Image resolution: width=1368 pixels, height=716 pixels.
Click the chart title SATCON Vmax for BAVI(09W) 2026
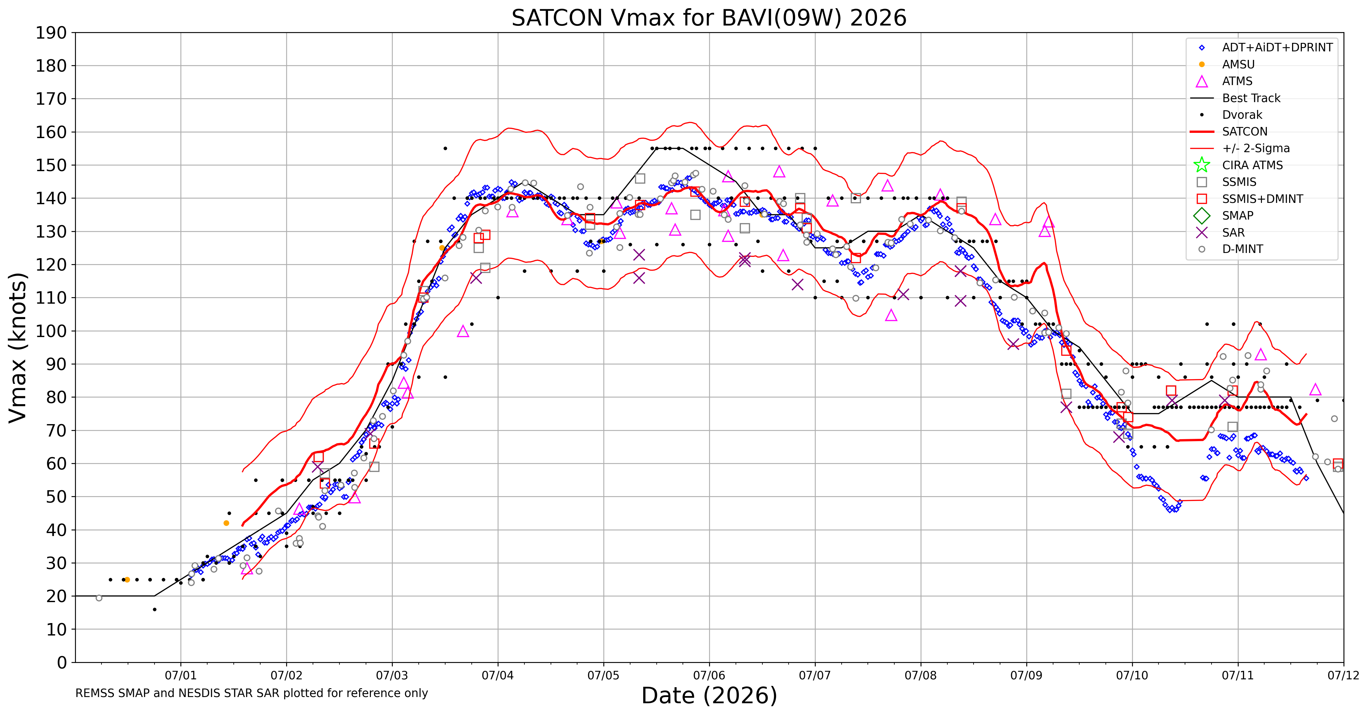[x=709, y=18]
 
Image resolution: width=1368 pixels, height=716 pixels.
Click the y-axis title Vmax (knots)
[x=18, y=348]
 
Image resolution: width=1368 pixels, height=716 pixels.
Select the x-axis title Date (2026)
[x=709, y=695]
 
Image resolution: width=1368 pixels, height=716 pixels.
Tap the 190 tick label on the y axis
[x=51, y=33]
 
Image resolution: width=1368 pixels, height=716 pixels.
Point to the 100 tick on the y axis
[x=51, y=331]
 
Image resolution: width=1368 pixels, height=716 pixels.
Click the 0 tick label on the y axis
[x=62, y=662]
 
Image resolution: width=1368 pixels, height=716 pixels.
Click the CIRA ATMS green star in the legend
[x=1202, y=165]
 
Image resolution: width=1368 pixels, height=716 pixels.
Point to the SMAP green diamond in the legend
[x=1202, y=216]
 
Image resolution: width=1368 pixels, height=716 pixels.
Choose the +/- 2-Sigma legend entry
[x=1241, y=148]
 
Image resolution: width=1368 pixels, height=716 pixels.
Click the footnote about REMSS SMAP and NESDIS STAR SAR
[x=252, y=693]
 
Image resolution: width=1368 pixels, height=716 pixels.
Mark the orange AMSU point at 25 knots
[x=127, y=580]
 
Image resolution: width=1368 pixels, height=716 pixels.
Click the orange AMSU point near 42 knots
[x=226, y=523]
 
